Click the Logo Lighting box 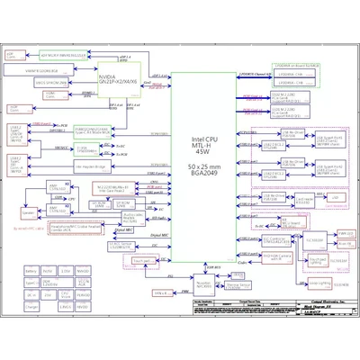click(x=163, y=292)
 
